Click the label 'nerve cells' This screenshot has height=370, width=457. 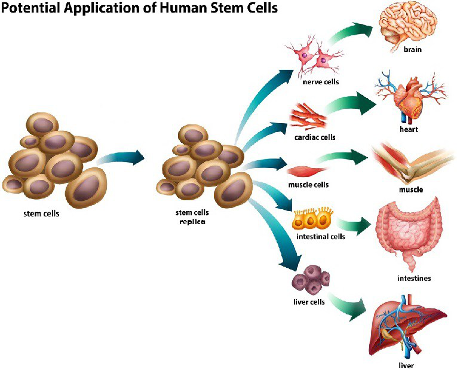point(319,82)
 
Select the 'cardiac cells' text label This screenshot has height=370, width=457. point(315,137)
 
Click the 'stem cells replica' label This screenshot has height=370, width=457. point(191,216)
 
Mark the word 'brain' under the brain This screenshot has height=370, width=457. point(412,49)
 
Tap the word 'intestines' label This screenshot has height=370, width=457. point(414,278)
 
